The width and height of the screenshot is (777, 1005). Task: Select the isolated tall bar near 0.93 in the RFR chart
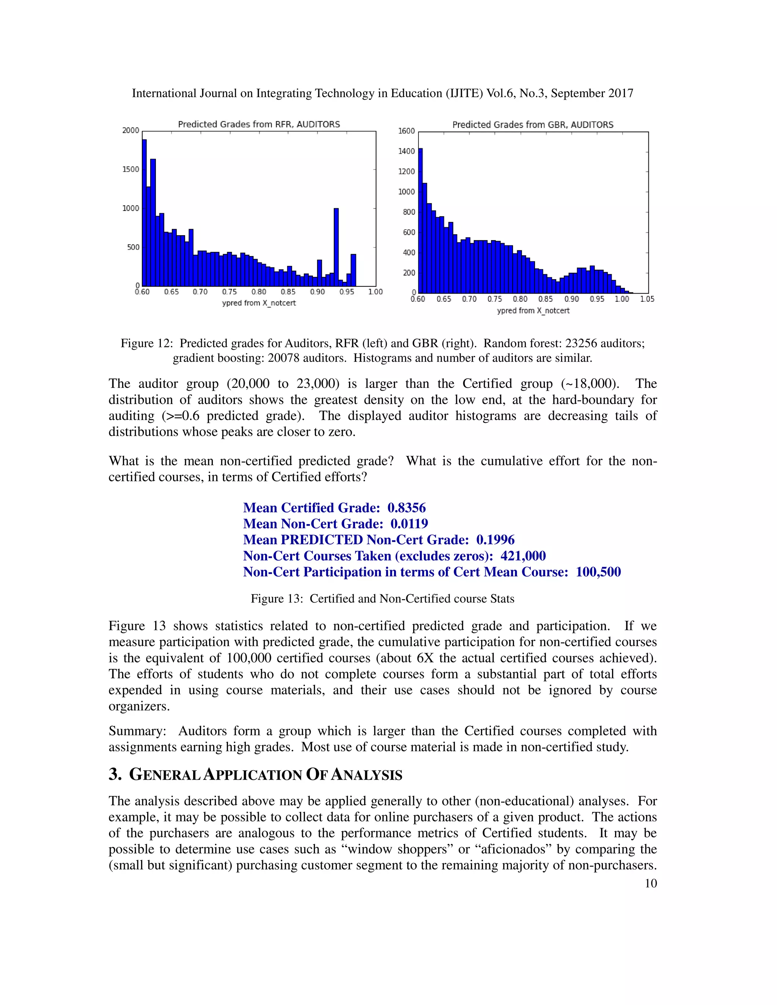point(336,247)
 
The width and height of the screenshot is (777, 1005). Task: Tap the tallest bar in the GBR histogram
point(420,221)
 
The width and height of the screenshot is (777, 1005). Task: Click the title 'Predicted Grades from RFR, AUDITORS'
point(259,124)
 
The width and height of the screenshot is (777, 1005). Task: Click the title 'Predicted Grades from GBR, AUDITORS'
point(533,125)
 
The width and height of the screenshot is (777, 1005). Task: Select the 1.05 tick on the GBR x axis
point(647,299)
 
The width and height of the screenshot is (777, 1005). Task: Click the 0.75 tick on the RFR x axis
point(229,292)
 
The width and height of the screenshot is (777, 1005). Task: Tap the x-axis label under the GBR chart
point(533,311)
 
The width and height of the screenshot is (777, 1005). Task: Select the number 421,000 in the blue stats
point(523,556)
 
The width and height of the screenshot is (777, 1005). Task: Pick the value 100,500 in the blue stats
point(598,572)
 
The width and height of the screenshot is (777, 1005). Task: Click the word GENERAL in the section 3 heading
point(165,774)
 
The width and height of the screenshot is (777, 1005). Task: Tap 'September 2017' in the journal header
point(592,93)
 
